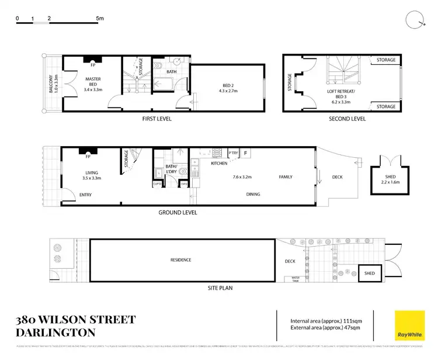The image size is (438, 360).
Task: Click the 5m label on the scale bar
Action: pos(100,19)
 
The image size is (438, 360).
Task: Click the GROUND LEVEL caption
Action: pos(178,213)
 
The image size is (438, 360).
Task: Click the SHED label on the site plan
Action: pos(370,273)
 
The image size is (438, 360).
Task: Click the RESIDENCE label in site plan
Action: pos(180,260)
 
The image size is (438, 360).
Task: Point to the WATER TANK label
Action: pos(296,279)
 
